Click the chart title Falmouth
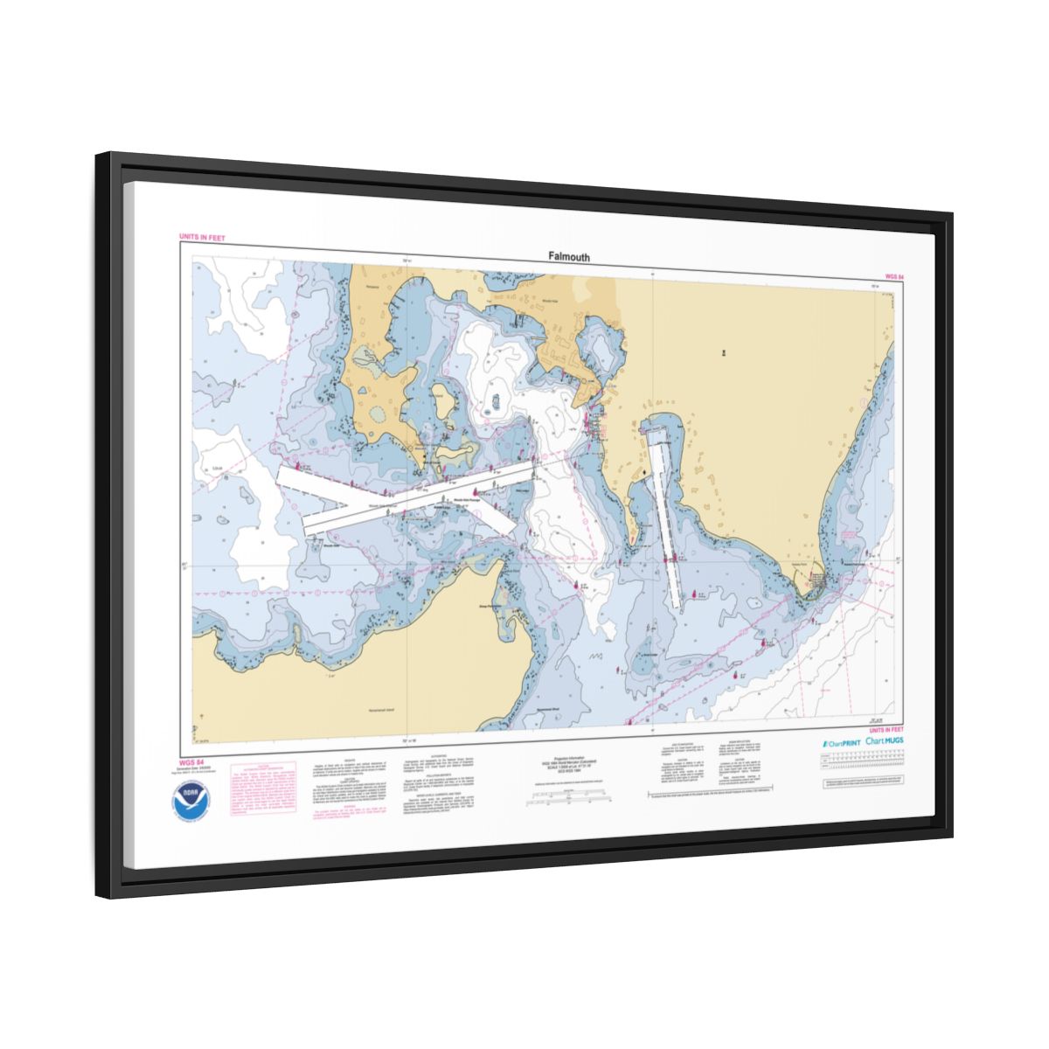(569, 257)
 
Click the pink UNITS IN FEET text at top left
(202, 237)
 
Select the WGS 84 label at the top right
(893, 276)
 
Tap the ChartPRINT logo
(840, 742)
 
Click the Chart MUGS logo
(885, 741)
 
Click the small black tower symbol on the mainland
(723, 353)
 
